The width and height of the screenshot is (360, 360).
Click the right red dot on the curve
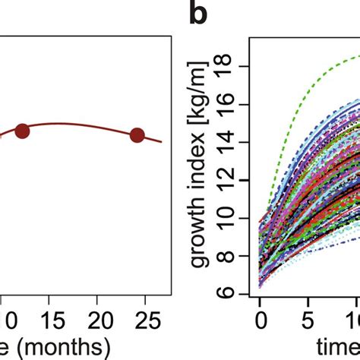coord(137,135)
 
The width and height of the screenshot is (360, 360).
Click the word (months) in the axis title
coord(61,348)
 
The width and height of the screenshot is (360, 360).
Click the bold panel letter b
coord(199,17)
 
